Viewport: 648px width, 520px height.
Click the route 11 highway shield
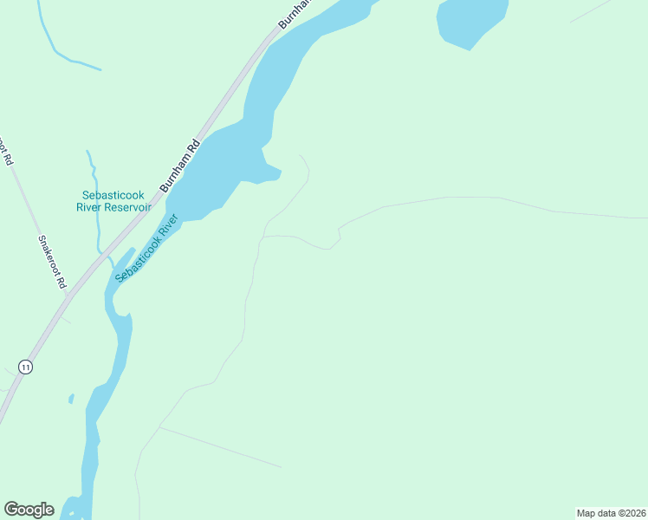click(26, 367)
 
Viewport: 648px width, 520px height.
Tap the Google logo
click(29, 510)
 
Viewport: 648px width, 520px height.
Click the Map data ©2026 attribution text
click(611, 513)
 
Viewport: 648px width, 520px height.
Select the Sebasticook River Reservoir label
click(114, 201)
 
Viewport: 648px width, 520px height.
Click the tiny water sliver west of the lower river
click(71, 399)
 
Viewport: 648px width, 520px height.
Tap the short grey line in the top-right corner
click(591, 10)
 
